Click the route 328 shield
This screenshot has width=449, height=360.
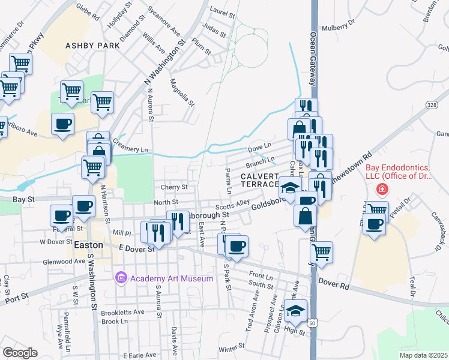click(x=432, y=104)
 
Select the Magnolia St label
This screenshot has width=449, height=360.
click(x=182, y=92)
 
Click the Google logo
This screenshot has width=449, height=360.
click(x=20, y=352)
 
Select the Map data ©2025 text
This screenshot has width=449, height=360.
click(x=423, y=355)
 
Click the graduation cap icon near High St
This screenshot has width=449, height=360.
click(x=295, y=310)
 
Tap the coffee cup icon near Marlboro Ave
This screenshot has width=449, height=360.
click(x=62, y=124)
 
